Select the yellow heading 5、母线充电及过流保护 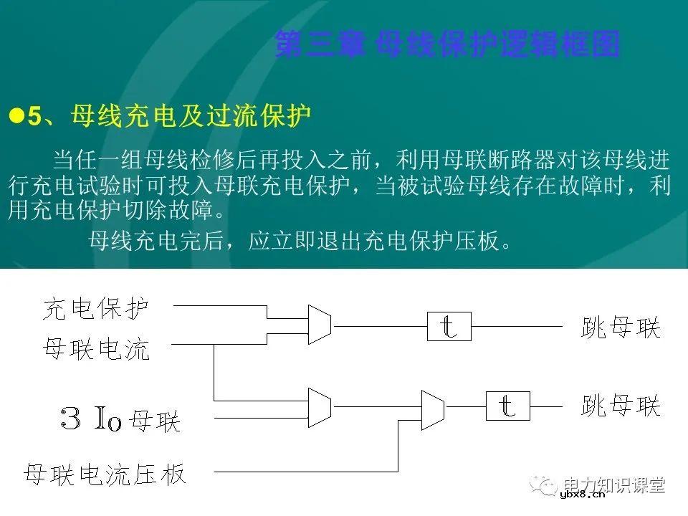(x=168, y=116)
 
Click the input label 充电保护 (x=96, y=309)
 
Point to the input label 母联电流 (x=96, y=350)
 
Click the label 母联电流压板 (x=105, y=474)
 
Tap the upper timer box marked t (x=448, y=326)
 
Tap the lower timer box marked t (x=507, y=406)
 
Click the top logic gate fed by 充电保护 (x=319, y=321)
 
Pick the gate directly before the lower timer (x=432, y=409)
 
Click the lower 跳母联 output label (x=620, y=406)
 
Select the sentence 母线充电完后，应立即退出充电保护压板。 (x=301, y=241)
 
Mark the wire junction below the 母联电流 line (x=214, y=400)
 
